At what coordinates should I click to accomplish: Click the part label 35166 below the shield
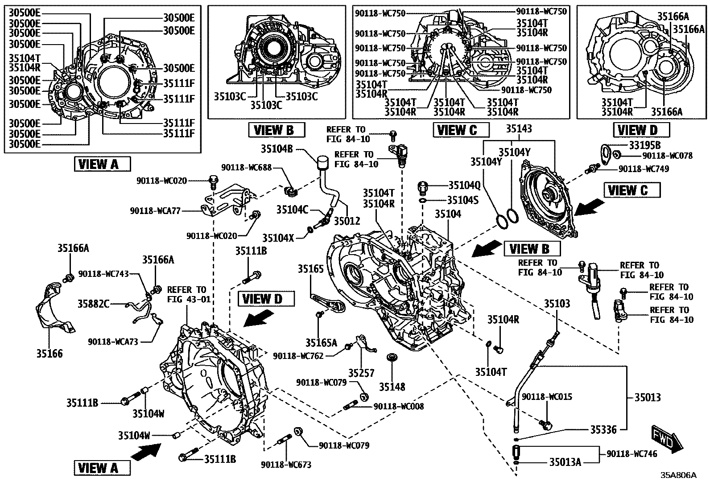click(x=50, y=354)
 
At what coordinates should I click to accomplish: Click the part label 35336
click(x=603, y=429)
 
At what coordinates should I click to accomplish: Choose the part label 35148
click(x=392, y=387)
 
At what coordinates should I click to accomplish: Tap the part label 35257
click(x=361, y=373)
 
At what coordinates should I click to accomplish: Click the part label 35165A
click(x=321, y=342)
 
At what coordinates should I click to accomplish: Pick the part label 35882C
click(x=94, y=304)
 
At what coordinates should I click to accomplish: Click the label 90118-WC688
click(x=245, y=167)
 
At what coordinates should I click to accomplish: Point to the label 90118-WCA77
click(x=156, y=210)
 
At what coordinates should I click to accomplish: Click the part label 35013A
click(x=565, y=462)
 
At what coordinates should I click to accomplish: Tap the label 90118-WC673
click(x=286, y=465)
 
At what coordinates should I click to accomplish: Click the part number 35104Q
click(x=464, y=185)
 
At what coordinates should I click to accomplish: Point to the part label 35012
click(x=347, y=221)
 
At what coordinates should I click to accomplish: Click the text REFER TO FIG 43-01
click(x=188, y=294)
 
